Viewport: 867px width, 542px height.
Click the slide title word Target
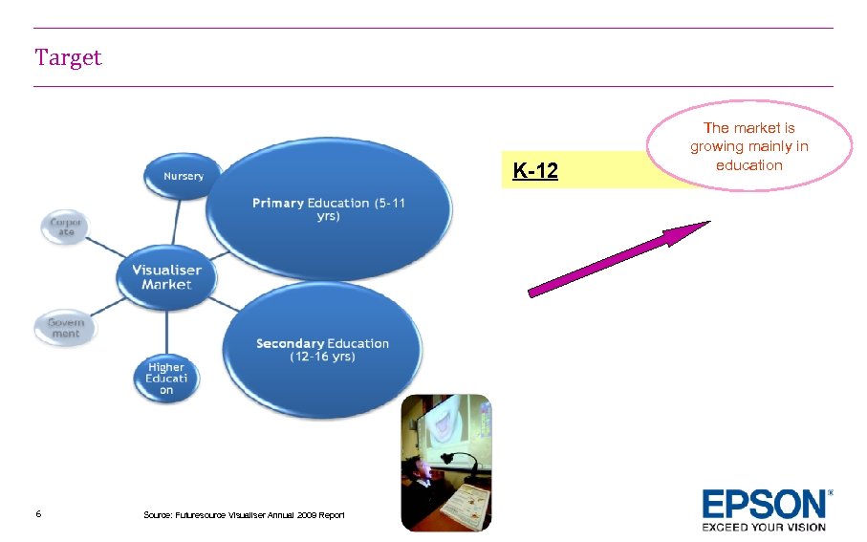(68, 58)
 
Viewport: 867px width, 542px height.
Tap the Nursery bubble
(183, 177)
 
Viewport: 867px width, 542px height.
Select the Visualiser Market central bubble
(166, 277)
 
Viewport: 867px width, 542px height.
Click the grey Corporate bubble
(66, 229)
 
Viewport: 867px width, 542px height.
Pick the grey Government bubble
(66, 328)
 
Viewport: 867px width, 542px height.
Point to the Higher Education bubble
(165, 378)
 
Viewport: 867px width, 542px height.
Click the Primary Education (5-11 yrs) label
(328, 209)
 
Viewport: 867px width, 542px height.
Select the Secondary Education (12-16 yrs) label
(322, 349)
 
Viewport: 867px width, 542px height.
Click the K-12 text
(535, 172)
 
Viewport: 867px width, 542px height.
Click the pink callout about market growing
(749, 146)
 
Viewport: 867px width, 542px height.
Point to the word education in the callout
(749, 165)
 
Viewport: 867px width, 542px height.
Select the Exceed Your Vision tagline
(764, 526)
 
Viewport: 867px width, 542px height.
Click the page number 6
(37, 514)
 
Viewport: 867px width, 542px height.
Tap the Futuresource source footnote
(244, 515)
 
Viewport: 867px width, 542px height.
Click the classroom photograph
(445, 462)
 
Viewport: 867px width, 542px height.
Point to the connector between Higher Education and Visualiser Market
(166, 329)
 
